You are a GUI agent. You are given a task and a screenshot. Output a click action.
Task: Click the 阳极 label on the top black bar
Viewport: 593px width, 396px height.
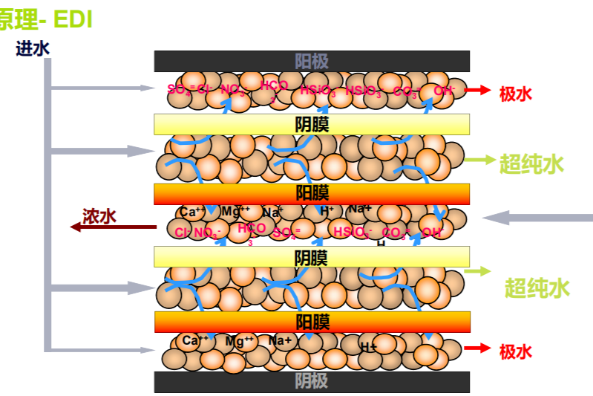click(x=311, y=61)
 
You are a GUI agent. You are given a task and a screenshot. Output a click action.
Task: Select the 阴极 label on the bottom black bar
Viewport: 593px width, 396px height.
click(x=311, y=382)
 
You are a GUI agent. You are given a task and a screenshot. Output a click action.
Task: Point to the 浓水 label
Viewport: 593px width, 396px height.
click(x=99, y=216)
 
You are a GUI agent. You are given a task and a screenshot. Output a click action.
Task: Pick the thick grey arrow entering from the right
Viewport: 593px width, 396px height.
click(x=537, y=217)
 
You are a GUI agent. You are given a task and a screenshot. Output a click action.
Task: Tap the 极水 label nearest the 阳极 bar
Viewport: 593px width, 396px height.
click(x=516, y=93)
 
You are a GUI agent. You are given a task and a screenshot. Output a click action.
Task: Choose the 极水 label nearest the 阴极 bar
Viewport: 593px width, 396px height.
click(x=516, y=351)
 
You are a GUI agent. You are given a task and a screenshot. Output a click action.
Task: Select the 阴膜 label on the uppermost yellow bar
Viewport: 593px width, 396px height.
click(x=311, y=124)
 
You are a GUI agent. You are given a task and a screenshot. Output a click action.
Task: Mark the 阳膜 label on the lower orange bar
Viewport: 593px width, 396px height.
click(x=312, y=322)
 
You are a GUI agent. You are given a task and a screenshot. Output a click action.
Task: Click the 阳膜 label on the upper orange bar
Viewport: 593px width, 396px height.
click(x=312, y=193)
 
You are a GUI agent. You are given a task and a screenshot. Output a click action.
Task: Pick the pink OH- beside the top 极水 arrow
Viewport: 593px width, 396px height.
click(x=444, y=91)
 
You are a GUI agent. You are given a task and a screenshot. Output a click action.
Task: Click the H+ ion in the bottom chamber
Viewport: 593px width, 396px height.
click(x=369, y=347)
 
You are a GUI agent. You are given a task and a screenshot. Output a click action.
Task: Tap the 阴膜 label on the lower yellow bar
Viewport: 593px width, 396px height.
click(x=311, y=258)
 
